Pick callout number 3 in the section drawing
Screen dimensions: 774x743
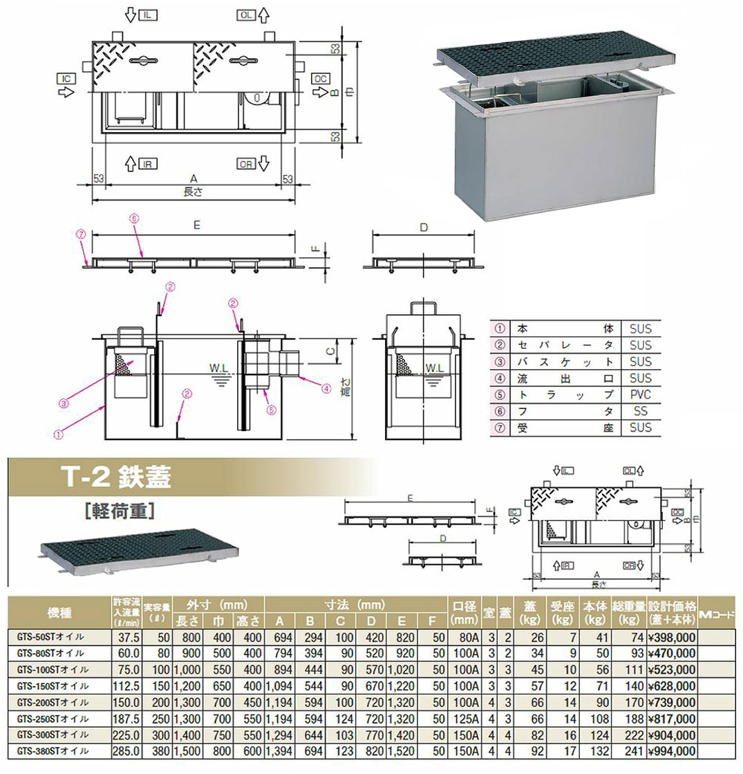point(63,403)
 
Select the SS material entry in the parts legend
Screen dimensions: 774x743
point(635,411)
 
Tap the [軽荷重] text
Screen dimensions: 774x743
point(115,512)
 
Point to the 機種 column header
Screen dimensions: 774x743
point(58,612)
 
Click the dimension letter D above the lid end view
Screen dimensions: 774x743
point(424,227)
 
